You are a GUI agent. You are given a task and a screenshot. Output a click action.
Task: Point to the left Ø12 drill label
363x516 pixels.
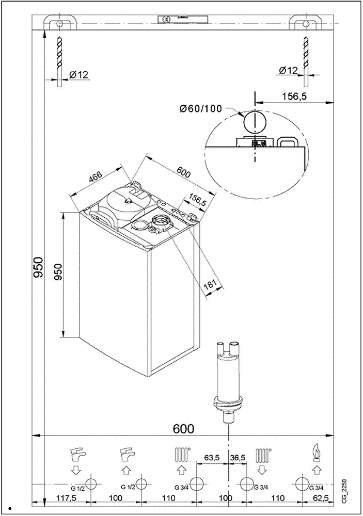[78, 75]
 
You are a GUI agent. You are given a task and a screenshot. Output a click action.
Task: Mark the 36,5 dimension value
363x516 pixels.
[238, 457]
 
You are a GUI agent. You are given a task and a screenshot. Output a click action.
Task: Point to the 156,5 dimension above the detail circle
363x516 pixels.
[295, 95]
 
